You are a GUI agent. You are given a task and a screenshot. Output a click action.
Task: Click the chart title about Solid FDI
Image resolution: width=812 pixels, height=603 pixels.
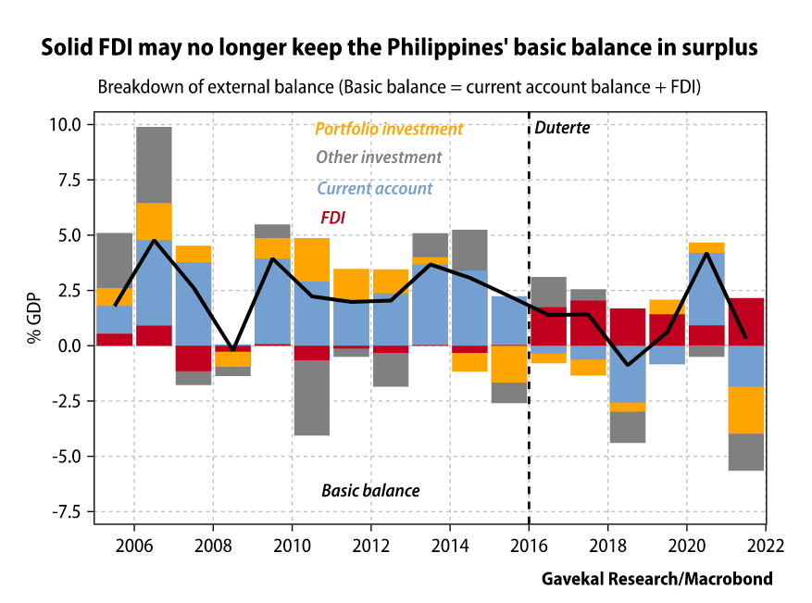[x=400, y=48]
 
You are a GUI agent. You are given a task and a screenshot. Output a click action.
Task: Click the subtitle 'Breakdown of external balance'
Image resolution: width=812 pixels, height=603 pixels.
[x=398, y=87]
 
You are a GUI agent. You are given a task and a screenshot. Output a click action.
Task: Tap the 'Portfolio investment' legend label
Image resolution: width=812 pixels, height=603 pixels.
[x=389, y=129]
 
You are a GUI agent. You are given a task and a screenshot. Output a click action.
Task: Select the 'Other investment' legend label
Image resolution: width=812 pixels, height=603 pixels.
[x=379, y=157]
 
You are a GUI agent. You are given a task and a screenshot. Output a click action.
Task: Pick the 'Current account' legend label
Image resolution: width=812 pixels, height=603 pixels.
[x=374, y=188]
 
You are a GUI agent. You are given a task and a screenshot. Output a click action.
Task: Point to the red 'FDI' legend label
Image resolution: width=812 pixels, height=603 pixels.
[x=332, y=219]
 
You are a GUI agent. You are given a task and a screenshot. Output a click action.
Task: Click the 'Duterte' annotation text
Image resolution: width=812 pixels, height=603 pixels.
[x=562, y=127]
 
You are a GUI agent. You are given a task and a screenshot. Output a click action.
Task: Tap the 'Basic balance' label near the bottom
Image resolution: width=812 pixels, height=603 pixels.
[x=370, y=490]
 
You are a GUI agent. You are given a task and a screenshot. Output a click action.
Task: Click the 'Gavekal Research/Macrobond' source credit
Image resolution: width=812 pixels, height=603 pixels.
[x=656, y=579]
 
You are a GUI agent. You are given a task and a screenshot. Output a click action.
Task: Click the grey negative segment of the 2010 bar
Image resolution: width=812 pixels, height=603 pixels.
[x=312, y=397]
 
